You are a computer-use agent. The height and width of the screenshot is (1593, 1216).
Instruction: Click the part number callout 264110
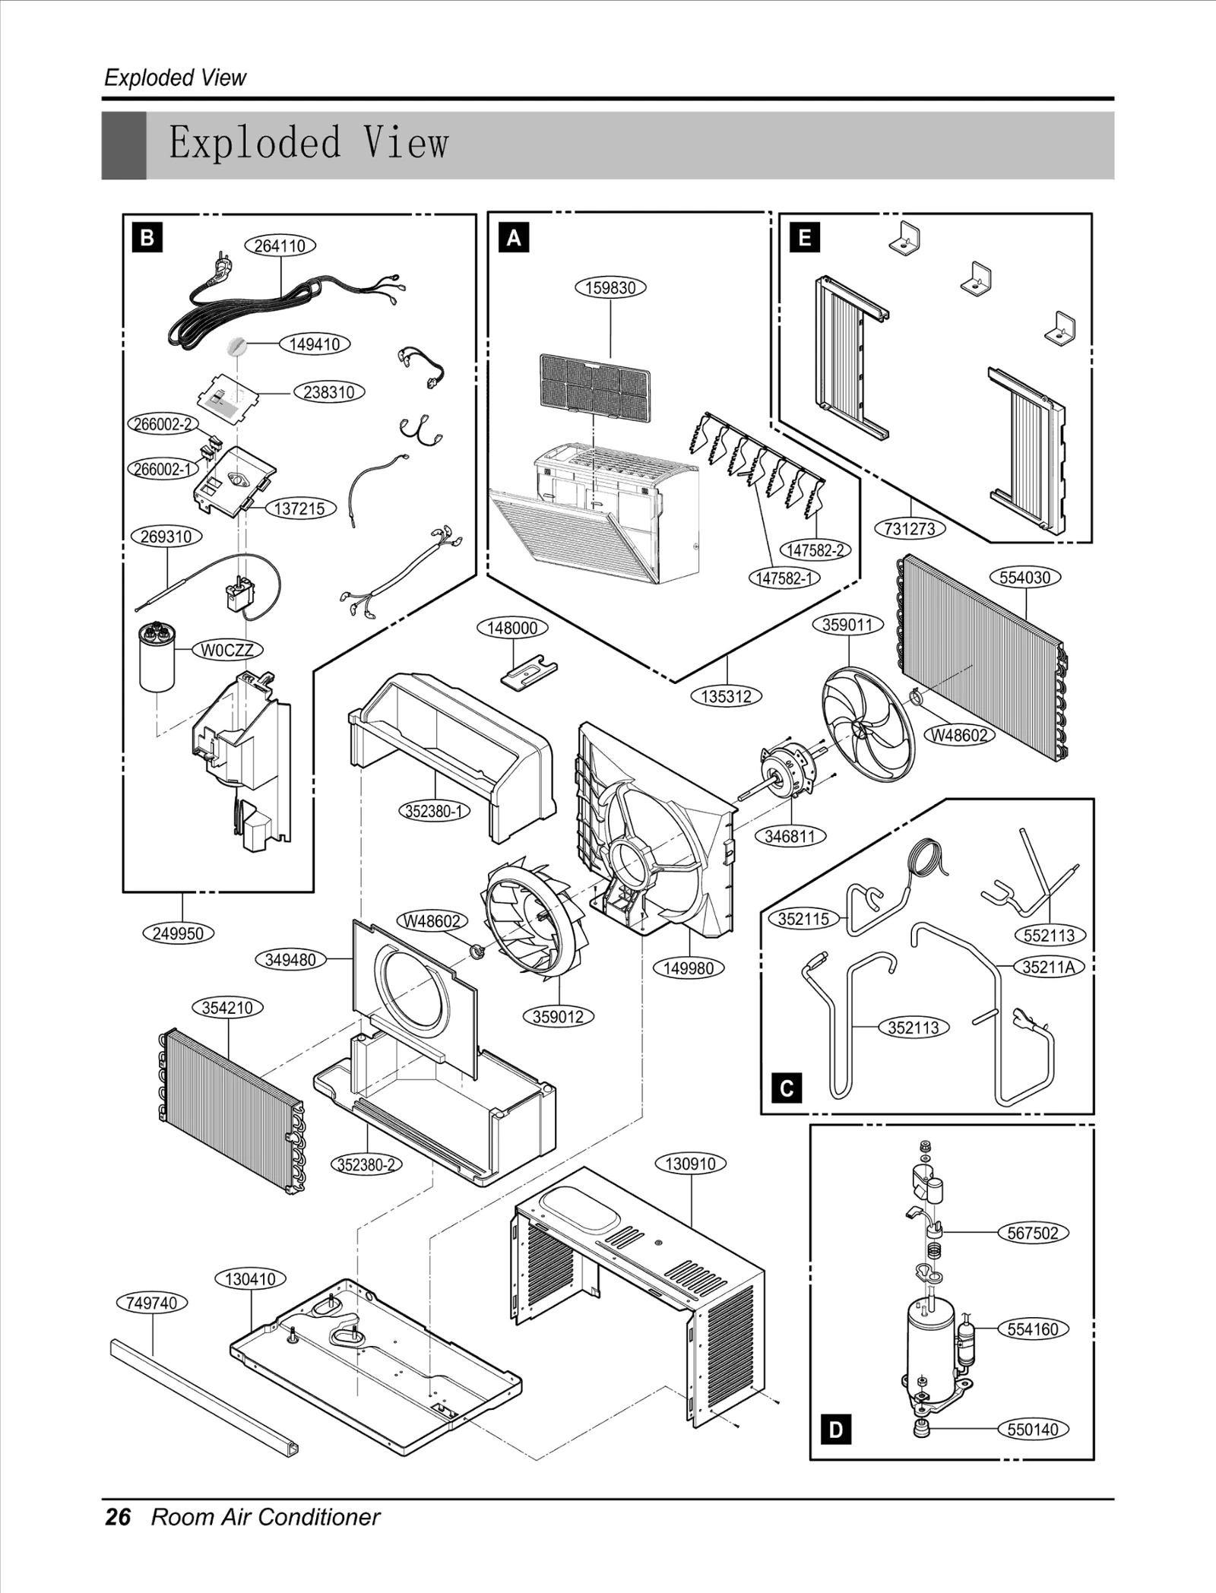click(280, 245)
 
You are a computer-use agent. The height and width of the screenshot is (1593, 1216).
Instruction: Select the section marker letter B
click(147, 238)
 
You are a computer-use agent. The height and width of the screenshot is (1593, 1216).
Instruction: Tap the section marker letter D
click(836, 1430)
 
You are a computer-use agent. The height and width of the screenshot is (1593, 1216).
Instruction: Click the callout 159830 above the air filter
click(610, 288)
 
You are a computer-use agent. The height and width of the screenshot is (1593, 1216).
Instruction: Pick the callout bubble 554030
click(1024, 577)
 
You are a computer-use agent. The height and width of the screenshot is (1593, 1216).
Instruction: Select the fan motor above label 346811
click(787, 770)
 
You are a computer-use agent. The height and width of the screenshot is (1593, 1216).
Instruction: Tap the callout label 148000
click(512, 628)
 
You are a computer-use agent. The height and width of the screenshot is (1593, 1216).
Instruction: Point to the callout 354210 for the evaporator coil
click(227, 1008)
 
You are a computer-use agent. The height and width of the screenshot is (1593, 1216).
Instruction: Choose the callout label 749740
click(152, 1303)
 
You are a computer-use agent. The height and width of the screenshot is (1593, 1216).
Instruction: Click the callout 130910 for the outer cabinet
click(690, 1164)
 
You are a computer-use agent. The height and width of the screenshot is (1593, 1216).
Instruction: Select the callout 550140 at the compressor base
click(1032, 1429)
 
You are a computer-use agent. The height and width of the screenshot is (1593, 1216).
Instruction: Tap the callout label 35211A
click(1048, 967)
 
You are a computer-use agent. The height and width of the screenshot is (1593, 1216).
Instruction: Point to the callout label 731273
click(910, 528)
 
